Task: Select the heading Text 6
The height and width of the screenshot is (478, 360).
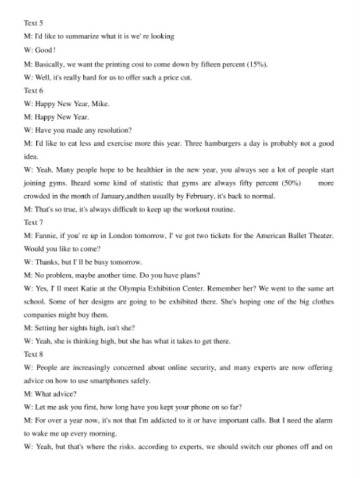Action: click(32, 91)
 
